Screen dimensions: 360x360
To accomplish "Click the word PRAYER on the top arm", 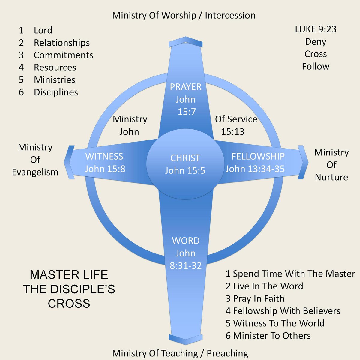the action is pyautogui.click(x=185, y=87).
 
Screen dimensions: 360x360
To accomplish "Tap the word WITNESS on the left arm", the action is pyautogui.click(x=104, y=156).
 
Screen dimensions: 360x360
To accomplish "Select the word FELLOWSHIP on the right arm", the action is pyautogui.click(x=258, y=156).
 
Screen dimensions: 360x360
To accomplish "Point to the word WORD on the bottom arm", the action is pyautogui.click(x=186, y=241).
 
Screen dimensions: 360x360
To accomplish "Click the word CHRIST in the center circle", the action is pyautogui.click(x=185, y=158).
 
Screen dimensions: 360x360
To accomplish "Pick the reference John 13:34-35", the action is pyautogui.click(x=255, y=169).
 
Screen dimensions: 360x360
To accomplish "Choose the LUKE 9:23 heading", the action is pyautogui.click(x=316, y=29).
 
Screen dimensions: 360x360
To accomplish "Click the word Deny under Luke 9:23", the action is pyautogui.click(x=316, y=42).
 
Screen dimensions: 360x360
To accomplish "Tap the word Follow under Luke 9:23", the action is pyautogui.click(x=316, y=67).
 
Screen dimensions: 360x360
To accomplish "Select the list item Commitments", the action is pyautogui.click(x=64, y=55).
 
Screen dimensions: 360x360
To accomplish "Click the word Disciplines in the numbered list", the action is pyautogui.click(x=56, y=92).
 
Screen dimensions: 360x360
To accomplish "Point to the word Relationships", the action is pyautogui.click(x=62, y=43).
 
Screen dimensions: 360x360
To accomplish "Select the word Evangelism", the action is pyautogui.click(x=35, y=172).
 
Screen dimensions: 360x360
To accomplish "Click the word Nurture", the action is pyautogui.click(x=331, y=177).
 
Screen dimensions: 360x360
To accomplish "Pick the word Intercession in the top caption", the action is pyautogui.click(x=230, y=16).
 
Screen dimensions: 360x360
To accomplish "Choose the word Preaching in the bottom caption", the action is pyautogui.click(x=227, y=353).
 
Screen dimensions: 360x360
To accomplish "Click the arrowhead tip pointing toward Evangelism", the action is pyautogui.click(x=64, y=162).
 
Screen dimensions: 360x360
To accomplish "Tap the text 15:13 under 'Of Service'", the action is pyautogui.click(x=232, y=132).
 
